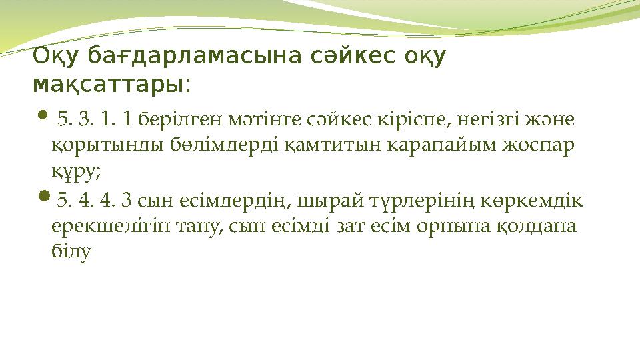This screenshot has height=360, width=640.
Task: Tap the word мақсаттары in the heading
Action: (109, 85)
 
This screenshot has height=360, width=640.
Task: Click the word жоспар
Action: (540, 146)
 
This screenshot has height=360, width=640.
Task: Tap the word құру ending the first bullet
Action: (75, 172)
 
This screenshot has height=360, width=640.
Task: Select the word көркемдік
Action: (535, 200)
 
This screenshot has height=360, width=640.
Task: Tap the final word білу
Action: (70, 252)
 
